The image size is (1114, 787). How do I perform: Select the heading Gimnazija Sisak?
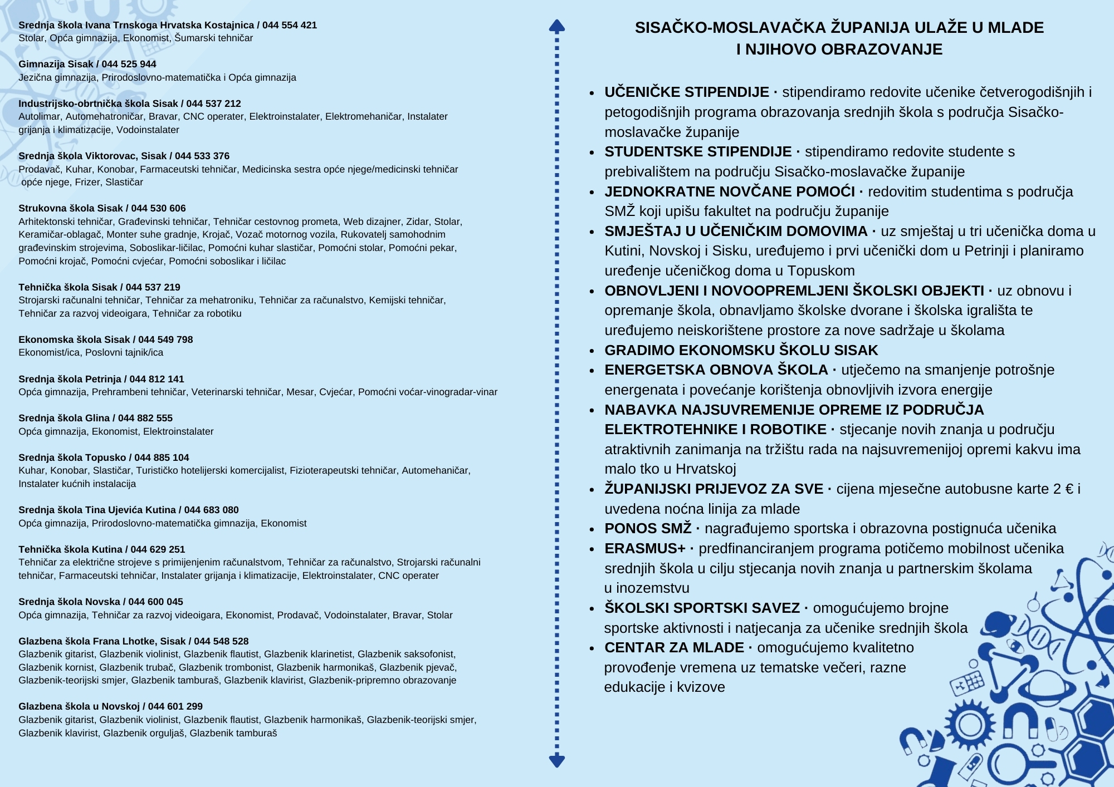[56, 64]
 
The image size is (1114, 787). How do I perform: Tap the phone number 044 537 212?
[213, 104]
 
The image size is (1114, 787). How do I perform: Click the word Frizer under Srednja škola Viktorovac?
[87, 182]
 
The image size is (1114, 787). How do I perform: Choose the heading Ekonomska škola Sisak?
[74, 340]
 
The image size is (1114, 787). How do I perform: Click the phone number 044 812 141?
[157, 379]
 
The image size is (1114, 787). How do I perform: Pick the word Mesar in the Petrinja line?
[300, 392]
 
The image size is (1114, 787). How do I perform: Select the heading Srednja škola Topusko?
[72, 458]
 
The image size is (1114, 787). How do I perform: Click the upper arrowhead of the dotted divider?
[557, 26]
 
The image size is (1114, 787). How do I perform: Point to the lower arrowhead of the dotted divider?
[557, 760]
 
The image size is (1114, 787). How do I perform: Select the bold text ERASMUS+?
[645, 548]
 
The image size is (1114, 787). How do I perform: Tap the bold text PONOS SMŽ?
[648, 528]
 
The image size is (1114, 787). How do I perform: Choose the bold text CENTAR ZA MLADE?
[674, 647]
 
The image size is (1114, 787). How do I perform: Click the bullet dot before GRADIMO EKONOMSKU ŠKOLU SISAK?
[593, 351]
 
